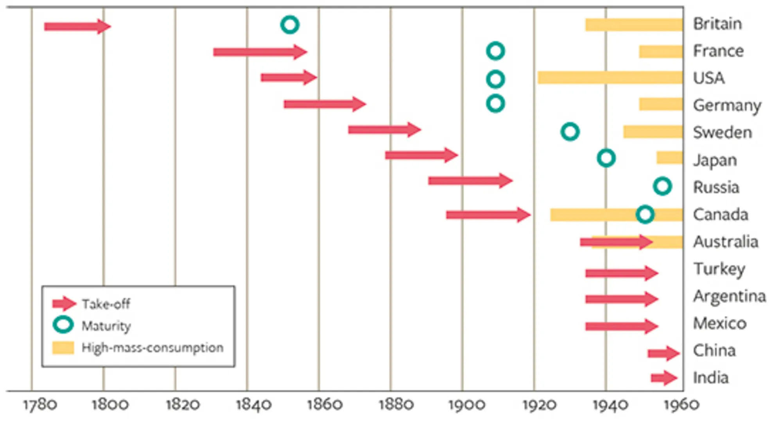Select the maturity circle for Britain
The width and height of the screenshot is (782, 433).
[x=290, y=25]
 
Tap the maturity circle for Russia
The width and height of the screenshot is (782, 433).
[x=662, y=186]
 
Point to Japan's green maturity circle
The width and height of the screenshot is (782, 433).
[x=606, y=158]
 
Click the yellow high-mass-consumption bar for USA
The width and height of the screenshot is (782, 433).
[x=610, y=78]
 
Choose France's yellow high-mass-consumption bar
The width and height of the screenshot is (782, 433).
[x=661, y=52]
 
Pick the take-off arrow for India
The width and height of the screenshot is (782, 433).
[x=664, y=378]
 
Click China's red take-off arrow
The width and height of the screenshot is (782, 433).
[x=664, y=353]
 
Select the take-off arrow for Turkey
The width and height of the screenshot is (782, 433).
[x=621, y=273]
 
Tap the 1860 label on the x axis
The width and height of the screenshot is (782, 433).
[x=325, y=405]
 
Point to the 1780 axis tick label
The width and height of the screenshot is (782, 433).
[x=40, y=405]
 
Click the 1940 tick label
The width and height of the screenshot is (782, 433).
[x=610, y=405]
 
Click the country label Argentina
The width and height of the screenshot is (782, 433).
[x=730, y=296]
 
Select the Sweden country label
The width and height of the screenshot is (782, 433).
[x=723, y=132]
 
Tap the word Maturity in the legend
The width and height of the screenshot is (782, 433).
[x=106, y=326]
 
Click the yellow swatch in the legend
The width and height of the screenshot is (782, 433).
[x=63, y=347]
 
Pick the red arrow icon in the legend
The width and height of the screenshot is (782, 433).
[x=64, y=303]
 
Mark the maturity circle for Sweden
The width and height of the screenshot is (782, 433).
[x=570, y=132]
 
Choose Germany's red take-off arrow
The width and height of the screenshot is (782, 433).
[x=325, y=104]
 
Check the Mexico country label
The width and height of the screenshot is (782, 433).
[x=720, y=323]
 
